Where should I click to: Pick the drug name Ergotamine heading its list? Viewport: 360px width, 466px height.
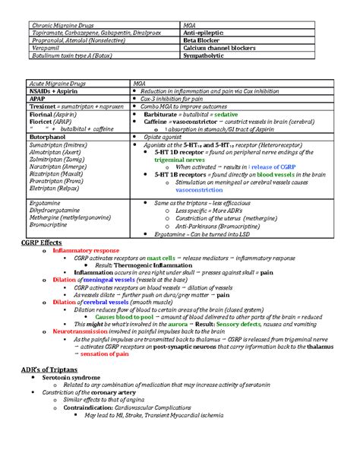pos(46,204)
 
